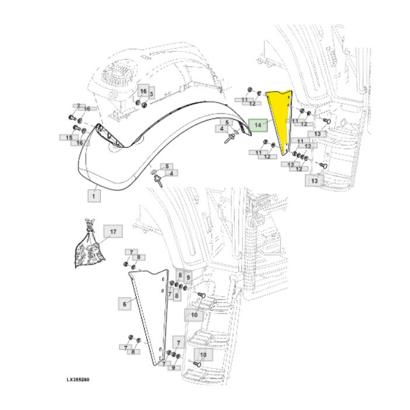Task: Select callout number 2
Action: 77,105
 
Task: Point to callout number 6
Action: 124,304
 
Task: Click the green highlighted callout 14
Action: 258,124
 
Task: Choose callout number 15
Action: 69,138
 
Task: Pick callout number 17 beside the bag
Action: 114,233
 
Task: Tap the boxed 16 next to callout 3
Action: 143,91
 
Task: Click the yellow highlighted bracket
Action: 279,117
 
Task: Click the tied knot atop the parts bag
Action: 88,223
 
